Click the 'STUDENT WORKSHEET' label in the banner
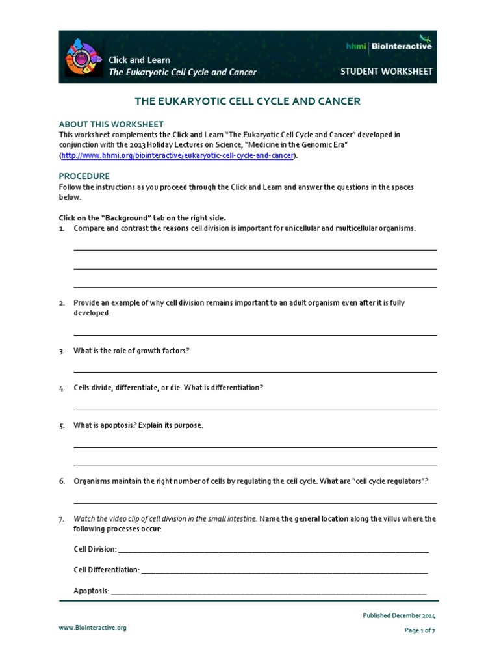click(x=386, y=72)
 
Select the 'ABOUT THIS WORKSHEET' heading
click(x=111, y=124)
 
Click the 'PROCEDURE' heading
click(x=84, y=176)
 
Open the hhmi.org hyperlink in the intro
click(x=178, y=156)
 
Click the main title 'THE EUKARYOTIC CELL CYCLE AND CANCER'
click(x=247, y=102)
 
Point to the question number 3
click(x=62, y=351)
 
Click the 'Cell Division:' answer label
click(x=95, y=549)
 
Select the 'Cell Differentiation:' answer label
click(x=107, y=570)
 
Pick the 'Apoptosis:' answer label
click(x=91, y=591)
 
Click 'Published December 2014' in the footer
click(x=399, y=615)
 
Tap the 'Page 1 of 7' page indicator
click(x=420, y=630)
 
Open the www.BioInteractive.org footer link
click(x=93, y=628)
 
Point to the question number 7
click(x=62, y=520)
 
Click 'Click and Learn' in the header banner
click(x=139, y=60)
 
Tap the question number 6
click(x=62, y=481)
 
